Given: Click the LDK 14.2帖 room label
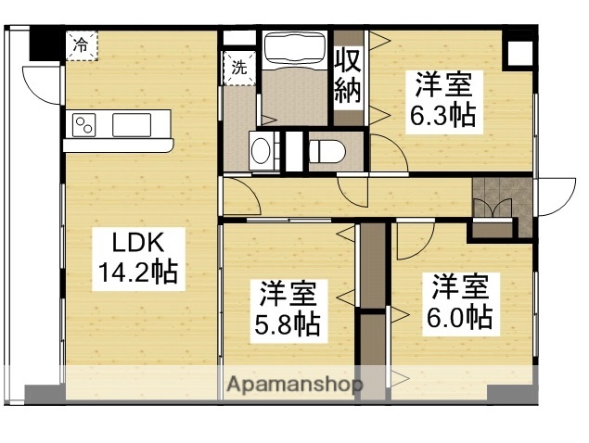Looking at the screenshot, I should coord(139,258).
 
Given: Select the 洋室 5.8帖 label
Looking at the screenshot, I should coord(288,310).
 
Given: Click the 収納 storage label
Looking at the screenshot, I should coord(349,78).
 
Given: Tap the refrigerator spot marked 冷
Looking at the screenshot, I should coord(81,44).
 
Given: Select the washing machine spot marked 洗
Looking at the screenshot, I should coord(238,68).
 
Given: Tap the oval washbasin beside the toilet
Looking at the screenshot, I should coord(262,150).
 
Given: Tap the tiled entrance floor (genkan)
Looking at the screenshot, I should coord(492,196).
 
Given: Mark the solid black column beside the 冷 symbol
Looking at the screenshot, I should coord(42,44).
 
